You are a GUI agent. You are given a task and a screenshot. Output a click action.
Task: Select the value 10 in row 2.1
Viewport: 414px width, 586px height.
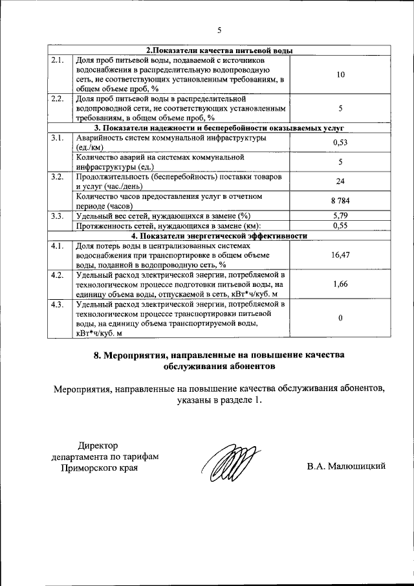tap(340, 75)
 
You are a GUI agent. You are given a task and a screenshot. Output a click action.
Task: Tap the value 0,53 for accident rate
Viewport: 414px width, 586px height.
tap(340, 142)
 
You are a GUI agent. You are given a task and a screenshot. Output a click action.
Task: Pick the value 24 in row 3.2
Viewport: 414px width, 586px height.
tap(340, 182)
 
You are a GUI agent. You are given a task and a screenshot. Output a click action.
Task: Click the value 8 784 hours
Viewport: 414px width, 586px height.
tap(340, 201)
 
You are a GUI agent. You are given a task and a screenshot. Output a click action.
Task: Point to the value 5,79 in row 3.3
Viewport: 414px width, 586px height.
tap(340, 216)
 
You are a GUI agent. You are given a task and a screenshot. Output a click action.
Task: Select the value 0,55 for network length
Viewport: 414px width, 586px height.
tap(340, 226)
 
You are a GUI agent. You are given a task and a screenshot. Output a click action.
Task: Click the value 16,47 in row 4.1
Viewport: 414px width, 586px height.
tap(340, 256)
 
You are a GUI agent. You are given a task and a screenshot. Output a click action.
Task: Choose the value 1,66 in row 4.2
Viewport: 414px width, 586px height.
tap(340, 284)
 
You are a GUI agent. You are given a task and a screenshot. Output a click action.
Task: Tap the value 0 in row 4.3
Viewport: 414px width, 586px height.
tap(340, 318)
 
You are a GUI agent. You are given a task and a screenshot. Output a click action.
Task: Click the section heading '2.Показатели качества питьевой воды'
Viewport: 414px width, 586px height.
tap(219, 51)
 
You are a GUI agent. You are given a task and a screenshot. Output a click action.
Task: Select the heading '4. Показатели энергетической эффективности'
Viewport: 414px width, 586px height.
tap(219, 236)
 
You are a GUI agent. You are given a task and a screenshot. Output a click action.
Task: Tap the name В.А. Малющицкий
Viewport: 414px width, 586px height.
tap(346, 466)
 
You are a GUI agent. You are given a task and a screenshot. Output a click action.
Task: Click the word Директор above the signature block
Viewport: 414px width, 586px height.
tap(99, 445)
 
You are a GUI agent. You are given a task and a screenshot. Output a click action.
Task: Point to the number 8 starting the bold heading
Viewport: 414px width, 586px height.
tap(96, 355)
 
